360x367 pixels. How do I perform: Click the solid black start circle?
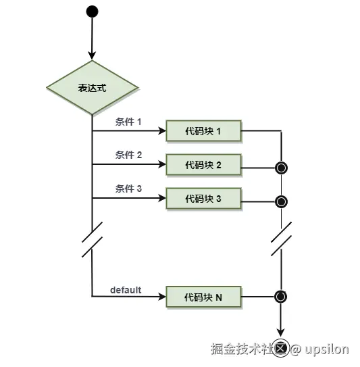point(92,11)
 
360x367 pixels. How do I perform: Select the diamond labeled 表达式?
point(92,88)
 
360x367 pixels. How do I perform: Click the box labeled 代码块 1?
point(203,130)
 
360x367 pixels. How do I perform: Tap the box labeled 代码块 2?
point(203,164)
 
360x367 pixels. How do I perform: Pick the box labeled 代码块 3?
point(203,199)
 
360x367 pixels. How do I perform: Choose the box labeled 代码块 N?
point(203,296)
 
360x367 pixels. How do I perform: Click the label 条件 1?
point(128,122)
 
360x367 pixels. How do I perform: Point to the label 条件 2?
point(128,155)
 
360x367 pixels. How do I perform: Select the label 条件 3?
point(128,190)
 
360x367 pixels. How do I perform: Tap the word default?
point(126,290)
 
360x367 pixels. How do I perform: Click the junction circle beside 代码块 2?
point(281,167)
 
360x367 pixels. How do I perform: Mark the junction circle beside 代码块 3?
point(281,201)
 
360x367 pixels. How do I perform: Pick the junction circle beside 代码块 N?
point(281,296)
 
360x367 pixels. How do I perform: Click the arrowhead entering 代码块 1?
point(162,130)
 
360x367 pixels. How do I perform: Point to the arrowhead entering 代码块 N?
point(162,296)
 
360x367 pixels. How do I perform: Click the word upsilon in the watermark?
point(326,349)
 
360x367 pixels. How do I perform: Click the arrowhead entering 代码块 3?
point(162,199)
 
